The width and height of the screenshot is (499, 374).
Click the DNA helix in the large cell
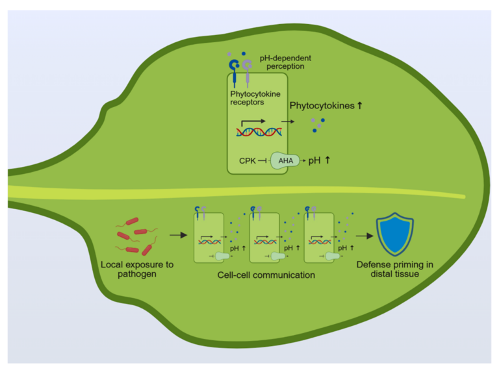coord(259,132)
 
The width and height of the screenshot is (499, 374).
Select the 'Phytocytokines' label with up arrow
coord(326,104)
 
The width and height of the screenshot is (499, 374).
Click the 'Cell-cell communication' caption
coord(266,275)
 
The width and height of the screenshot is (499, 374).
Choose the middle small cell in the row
coord(264,238)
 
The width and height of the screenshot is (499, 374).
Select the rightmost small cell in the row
coord(318,238)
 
